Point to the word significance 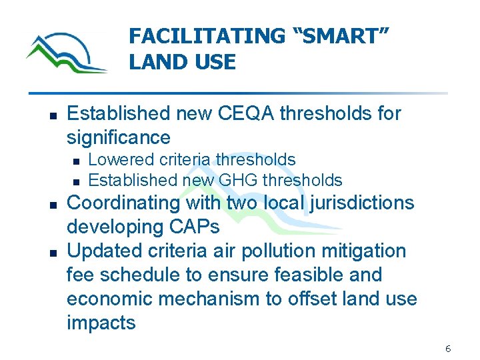coord(119,137)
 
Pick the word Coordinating coord(122,203)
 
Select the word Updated coord(105,251)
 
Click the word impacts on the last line coord(101,323)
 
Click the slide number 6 coord(448,349)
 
